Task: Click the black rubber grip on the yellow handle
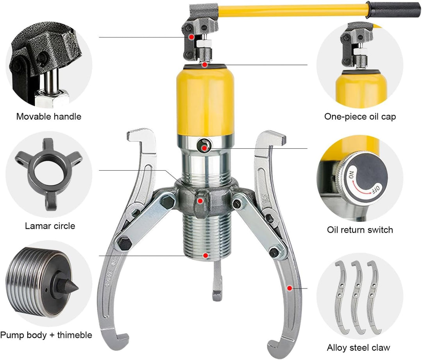pyautogui.click(x=394, y=9)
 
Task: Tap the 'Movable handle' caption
pyautogui.click(x=49, y=116)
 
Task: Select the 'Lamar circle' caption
pyautogui.click(x=50, y=226)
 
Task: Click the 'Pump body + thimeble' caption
pyautogui.click(x=46, y=335)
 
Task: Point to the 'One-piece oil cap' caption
pyautogui.click(x=360, y=117)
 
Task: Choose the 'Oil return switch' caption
pyautogui.click(x=360, y=230)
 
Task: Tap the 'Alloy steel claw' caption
pyautogui.click(x=358, y=348)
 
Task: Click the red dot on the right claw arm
pyautogui.click(x=290, y=288)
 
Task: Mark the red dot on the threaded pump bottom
pyautogui.click(x=206, y=255)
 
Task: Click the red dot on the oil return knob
pyautogui.click(x=204, y=148)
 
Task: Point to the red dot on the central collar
pyautogui.click(x=200, y=201)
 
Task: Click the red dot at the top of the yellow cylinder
pyautogui.click(x=205, y=65)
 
